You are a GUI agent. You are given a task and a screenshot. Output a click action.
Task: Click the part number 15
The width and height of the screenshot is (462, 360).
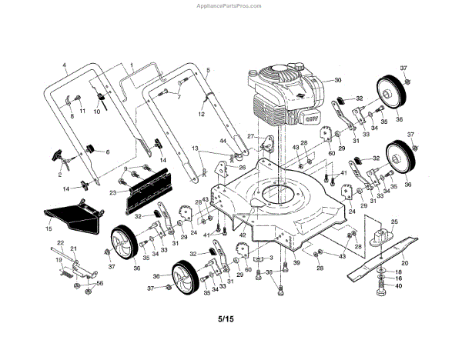click(x=48, y=229)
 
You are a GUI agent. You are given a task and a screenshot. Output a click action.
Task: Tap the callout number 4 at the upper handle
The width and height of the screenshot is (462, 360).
click(x=65, y=66)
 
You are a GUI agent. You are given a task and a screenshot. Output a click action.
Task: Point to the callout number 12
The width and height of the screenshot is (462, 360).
click(x=202, y=115)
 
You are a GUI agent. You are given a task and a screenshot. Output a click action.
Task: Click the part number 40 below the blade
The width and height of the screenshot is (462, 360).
click(x=398, y=286)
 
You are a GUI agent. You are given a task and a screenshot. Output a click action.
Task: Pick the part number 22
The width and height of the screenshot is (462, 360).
click(x=59, y=244)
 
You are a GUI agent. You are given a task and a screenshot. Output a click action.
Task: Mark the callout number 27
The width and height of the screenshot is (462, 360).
click(x=250, y=136)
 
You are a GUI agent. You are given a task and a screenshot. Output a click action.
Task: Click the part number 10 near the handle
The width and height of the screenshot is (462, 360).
click(x=97, y=112)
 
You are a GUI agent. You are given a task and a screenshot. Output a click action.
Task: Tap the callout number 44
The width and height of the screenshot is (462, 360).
click(x=223, y=142)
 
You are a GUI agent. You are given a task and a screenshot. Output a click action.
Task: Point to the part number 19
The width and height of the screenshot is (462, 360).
click(x=58, y=260)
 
